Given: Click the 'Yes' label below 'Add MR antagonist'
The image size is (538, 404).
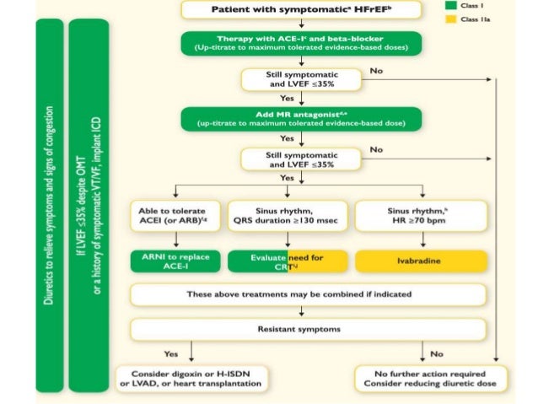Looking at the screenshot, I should (287, 137).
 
